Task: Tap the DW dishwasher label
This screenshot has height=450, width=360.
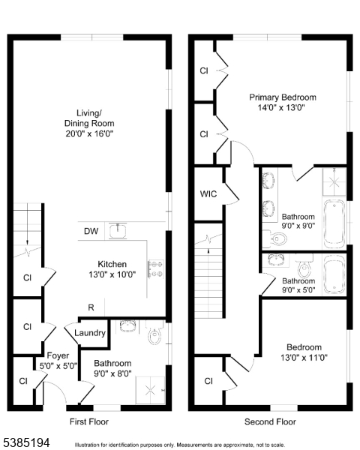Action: (90, 231)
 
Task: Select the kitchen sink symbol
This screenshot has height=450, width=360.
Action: (118, 230)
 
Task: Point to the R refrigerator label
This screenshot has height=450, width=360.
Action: (91, 307)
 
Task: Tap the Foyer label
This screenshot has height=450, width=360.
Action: (57, 355)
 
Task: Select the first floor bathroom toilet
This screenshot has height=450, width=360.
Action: (155, 335)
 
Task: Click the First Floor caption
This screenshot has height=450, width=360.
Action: (88, 422)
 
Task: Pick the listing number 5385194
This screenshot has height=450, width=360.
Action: (26, 442)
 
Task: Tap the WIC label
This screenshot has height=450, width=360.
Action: (208, 194)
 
